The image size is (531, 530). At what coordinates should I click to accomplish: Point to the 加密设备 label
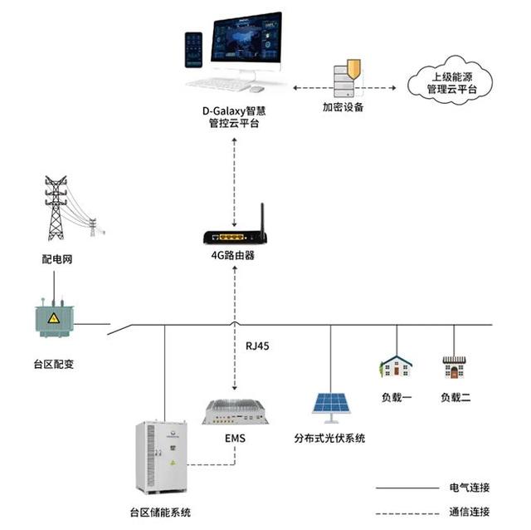pyautogui.click(x=343, y=107)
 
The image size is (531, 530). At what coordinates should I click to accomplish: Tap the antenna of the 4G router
pyautogui.click(x=260, y=218)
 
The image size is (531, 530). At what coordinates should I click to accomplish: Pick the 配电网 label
pyautogui.click(x=56, y=259)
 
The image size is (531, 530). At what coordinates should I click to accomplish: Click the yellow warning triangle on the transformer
pyautogui.click(x=53, y=319)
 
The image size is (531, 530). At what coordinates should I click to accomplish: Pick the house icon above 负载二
pyautogui.click(x=454, y=366)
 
